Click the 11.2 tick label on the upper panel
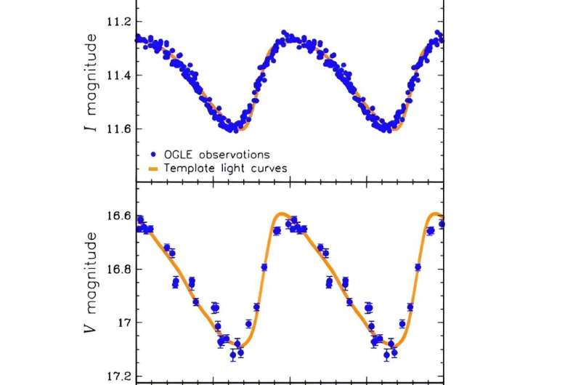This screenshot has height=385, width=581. [118, 22]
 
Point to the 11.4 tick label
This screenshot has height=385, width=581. [118, 76]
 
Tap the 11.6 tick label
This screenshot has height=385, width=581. [118, 129]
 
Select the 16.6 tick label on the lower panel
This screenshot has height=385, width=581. [118, 216]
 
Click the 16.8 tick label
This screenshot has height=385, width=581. [118, 269]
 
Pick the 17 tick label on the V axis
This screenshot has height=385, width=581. [124, 323]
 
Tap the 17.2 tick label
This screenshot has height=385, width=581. [118, 376]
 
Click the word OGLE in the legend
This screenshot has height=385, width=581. [177, 154]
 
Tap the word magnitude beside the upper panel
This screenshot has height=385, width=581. [92, 67]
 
